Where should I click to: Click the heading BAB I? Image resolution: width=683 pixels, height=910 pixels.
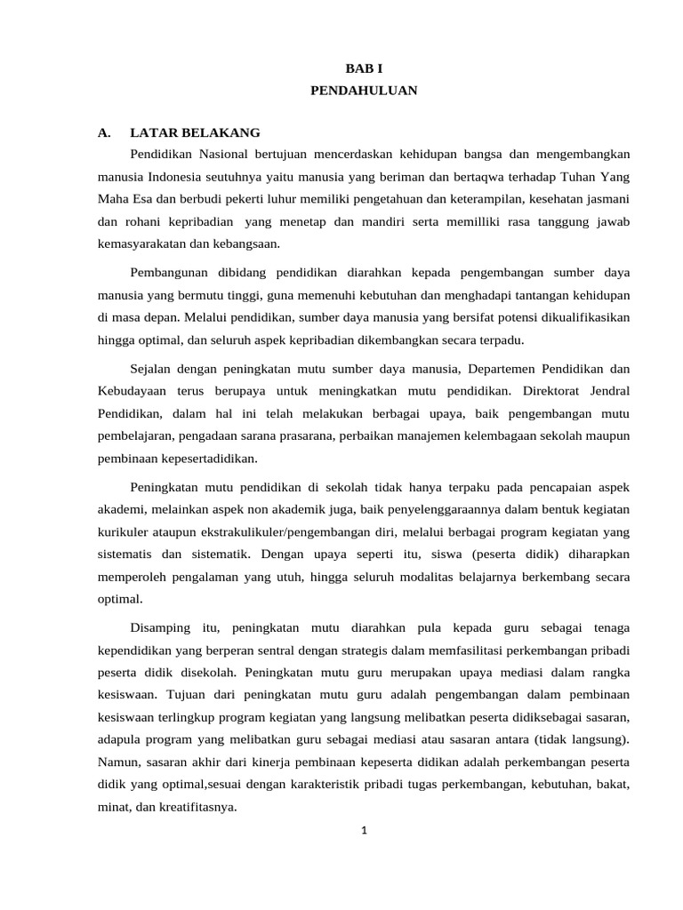pyautogui.click(x=363, y=68)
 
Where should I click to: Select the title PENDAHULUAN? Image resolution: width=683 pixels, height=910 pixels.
pyautogui.click(x=363, y=91)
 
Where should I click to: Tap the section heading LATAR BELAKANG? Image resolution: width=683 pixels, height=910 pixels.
pyautogui.click(x=195, y=132)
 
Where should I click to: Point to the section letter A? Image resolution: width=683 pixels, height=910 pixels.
pyautogui.click(x=104, y=132)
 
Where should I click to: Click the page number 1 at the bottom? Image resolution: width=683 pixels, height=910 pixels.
pyautogui.click(x=364, y=831)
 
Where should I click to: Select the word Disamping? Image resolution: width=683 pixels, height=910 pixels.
pyautogui.click(x=161, y=628)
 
